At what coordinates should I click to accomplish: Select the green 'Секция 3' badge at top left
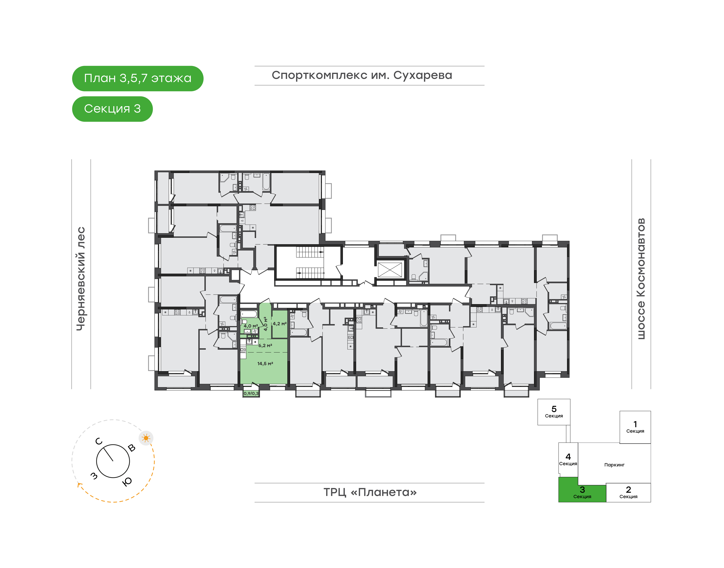pos(112,109)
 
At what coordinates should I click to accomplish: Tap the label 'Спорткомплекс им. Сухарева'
pos(362,75)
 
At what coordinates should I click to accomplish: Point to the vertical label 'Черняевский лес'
pos(81,279)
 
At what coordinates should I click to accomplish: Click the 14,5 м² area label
pos(265,364)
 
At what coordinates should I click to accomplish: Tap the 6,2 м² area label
pos(265,346)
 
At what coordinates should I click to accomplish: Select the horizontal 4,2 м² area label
pos(279,324)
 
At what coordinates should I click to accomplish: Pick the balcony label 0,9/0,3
pos(251,393)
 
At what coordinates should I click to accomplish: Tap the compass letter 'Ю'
pos(127,481)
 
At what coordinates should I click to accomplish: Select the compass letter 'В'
pos(132,448)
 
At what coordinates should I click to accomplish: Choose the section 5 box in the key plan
pos(554,412)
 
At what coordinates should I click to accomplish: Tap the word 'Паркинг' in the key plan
pos(614,465)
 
